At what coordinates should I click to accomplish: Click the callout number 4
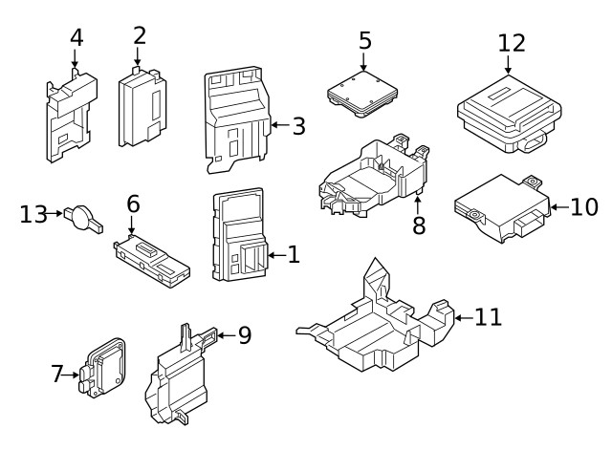76,37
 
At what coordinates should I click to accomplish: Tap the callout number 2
140,35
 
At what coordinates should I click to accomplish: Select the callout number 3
298,125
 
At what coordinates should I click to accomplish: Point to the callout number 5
364,40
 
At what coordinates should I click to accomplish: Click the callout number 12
512,43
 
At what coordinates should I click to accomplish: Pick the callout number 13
33,214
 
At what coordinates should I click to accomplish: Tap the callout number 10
583,206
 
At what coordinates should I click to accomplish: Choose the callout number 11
488,317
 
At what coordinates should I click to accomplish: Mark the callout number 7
57,375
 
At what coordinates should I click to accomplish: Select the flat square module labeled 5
363,95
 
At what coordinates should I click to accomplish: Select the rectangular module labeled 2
142,109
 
